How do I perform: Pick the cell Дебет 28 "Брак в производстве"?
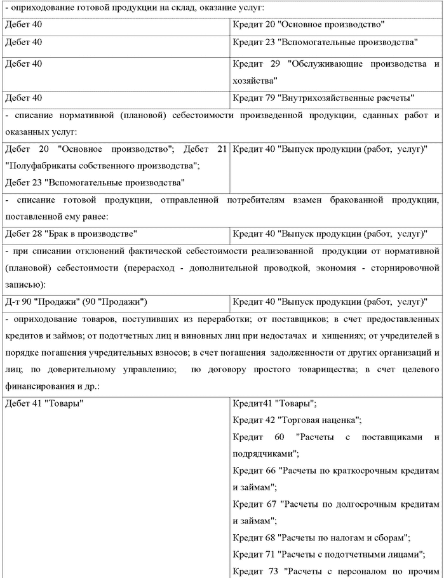pyautogui.click(x=71, y=233)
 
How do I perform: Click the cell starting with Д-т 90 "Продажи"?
pyautogui.click(x=76, y=300)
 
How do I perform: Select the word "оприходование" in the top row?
pyautogui.click(x=40, y=8)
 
